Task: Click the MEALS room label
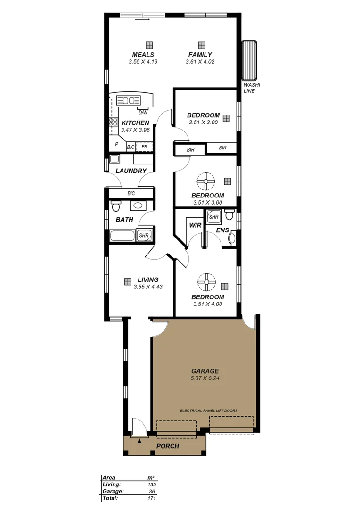tap(143, 55)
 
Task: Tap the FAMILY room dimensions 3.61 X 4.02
tap(200, 61)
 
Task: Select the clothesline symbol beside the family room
tap(248, 61)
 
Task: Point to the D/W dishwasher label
tap(143, 112)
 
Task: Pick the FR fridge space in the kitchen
tap(145, 147)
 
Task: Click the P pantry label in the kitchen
tap(116, 145)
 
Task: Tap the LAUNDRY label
tap(131, 171)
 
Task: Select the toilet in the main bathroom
tap(116, 206)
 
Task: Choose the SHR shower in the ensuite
tap(214, 217)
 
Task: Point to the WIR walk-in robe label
tap(195, 225)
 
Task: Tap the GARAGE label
tap(205, 371)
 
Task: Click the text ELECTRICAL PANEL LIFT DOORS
tap(209, 410)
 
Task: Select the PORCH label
tap(167, 446)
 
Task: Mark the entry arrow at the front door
tap(139, 441)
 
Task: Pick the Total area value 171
tap(152, 498)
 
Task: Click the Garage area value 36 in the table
tap(152, 491)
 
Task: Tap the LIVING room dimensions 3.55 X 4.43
tap(147, 287)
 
